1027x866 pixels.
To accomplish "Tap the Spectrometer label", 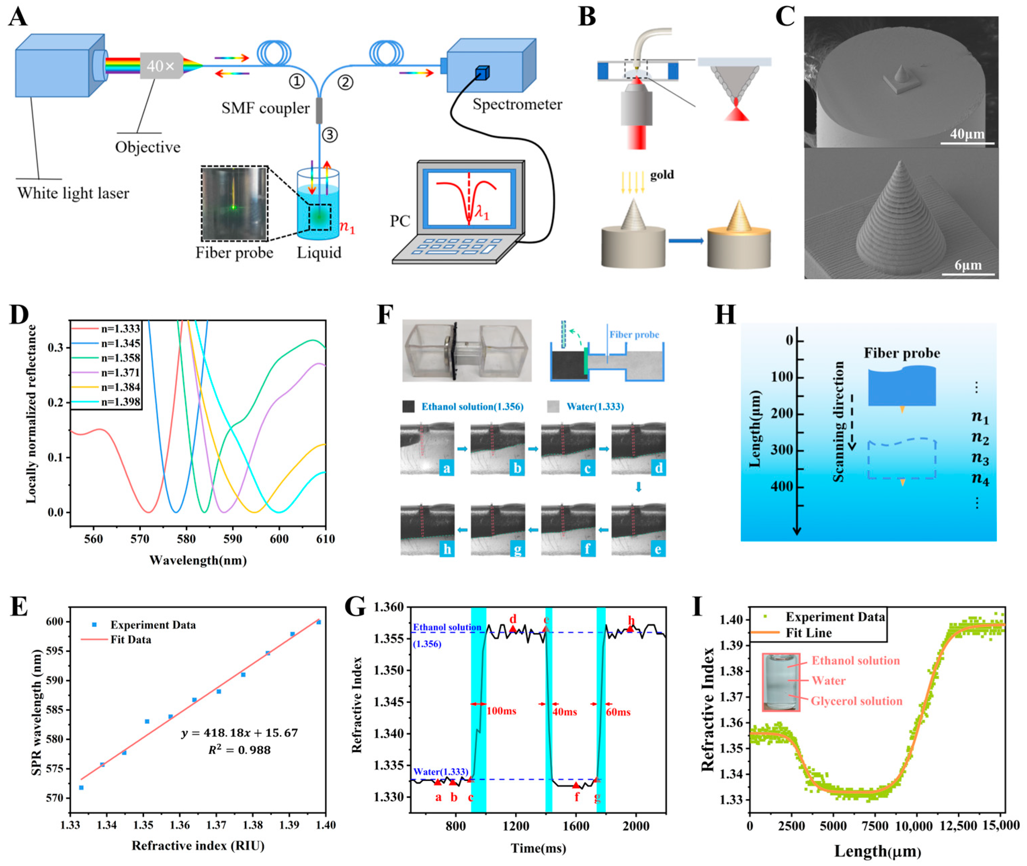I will pos(517,105).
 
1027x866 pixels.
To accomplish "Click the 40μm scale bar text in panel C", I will pos(967,133).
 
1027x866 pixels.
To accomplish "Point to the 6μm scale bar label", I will pos(968,266).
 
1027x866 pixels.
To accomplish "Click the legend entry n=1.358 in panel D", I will pos(120,358).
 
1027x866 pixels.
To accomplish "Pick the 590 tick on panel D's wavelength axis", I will pos(232,539).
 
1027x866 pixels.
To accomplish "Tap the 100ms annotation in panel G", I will pos(501,711).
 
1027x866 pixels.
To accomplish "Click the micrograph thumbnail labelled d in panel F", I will pos(638,448).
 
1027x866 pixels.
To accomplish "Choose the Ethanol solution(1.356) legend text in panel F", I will pos(472,406).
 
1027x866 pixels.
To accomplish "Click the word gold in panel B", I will pos(662,175).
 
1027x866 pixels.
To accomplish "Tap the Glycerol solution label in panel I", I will pos(856,701).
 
